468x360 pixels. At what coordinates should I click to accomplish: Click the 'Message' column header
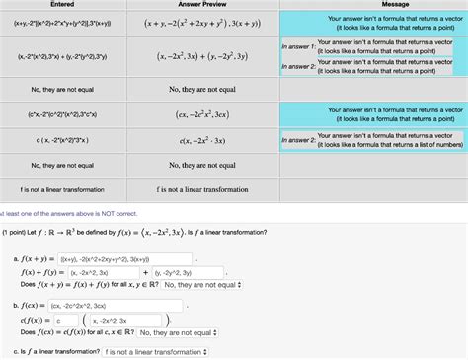pyautogui.click(x=373, y=5)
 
